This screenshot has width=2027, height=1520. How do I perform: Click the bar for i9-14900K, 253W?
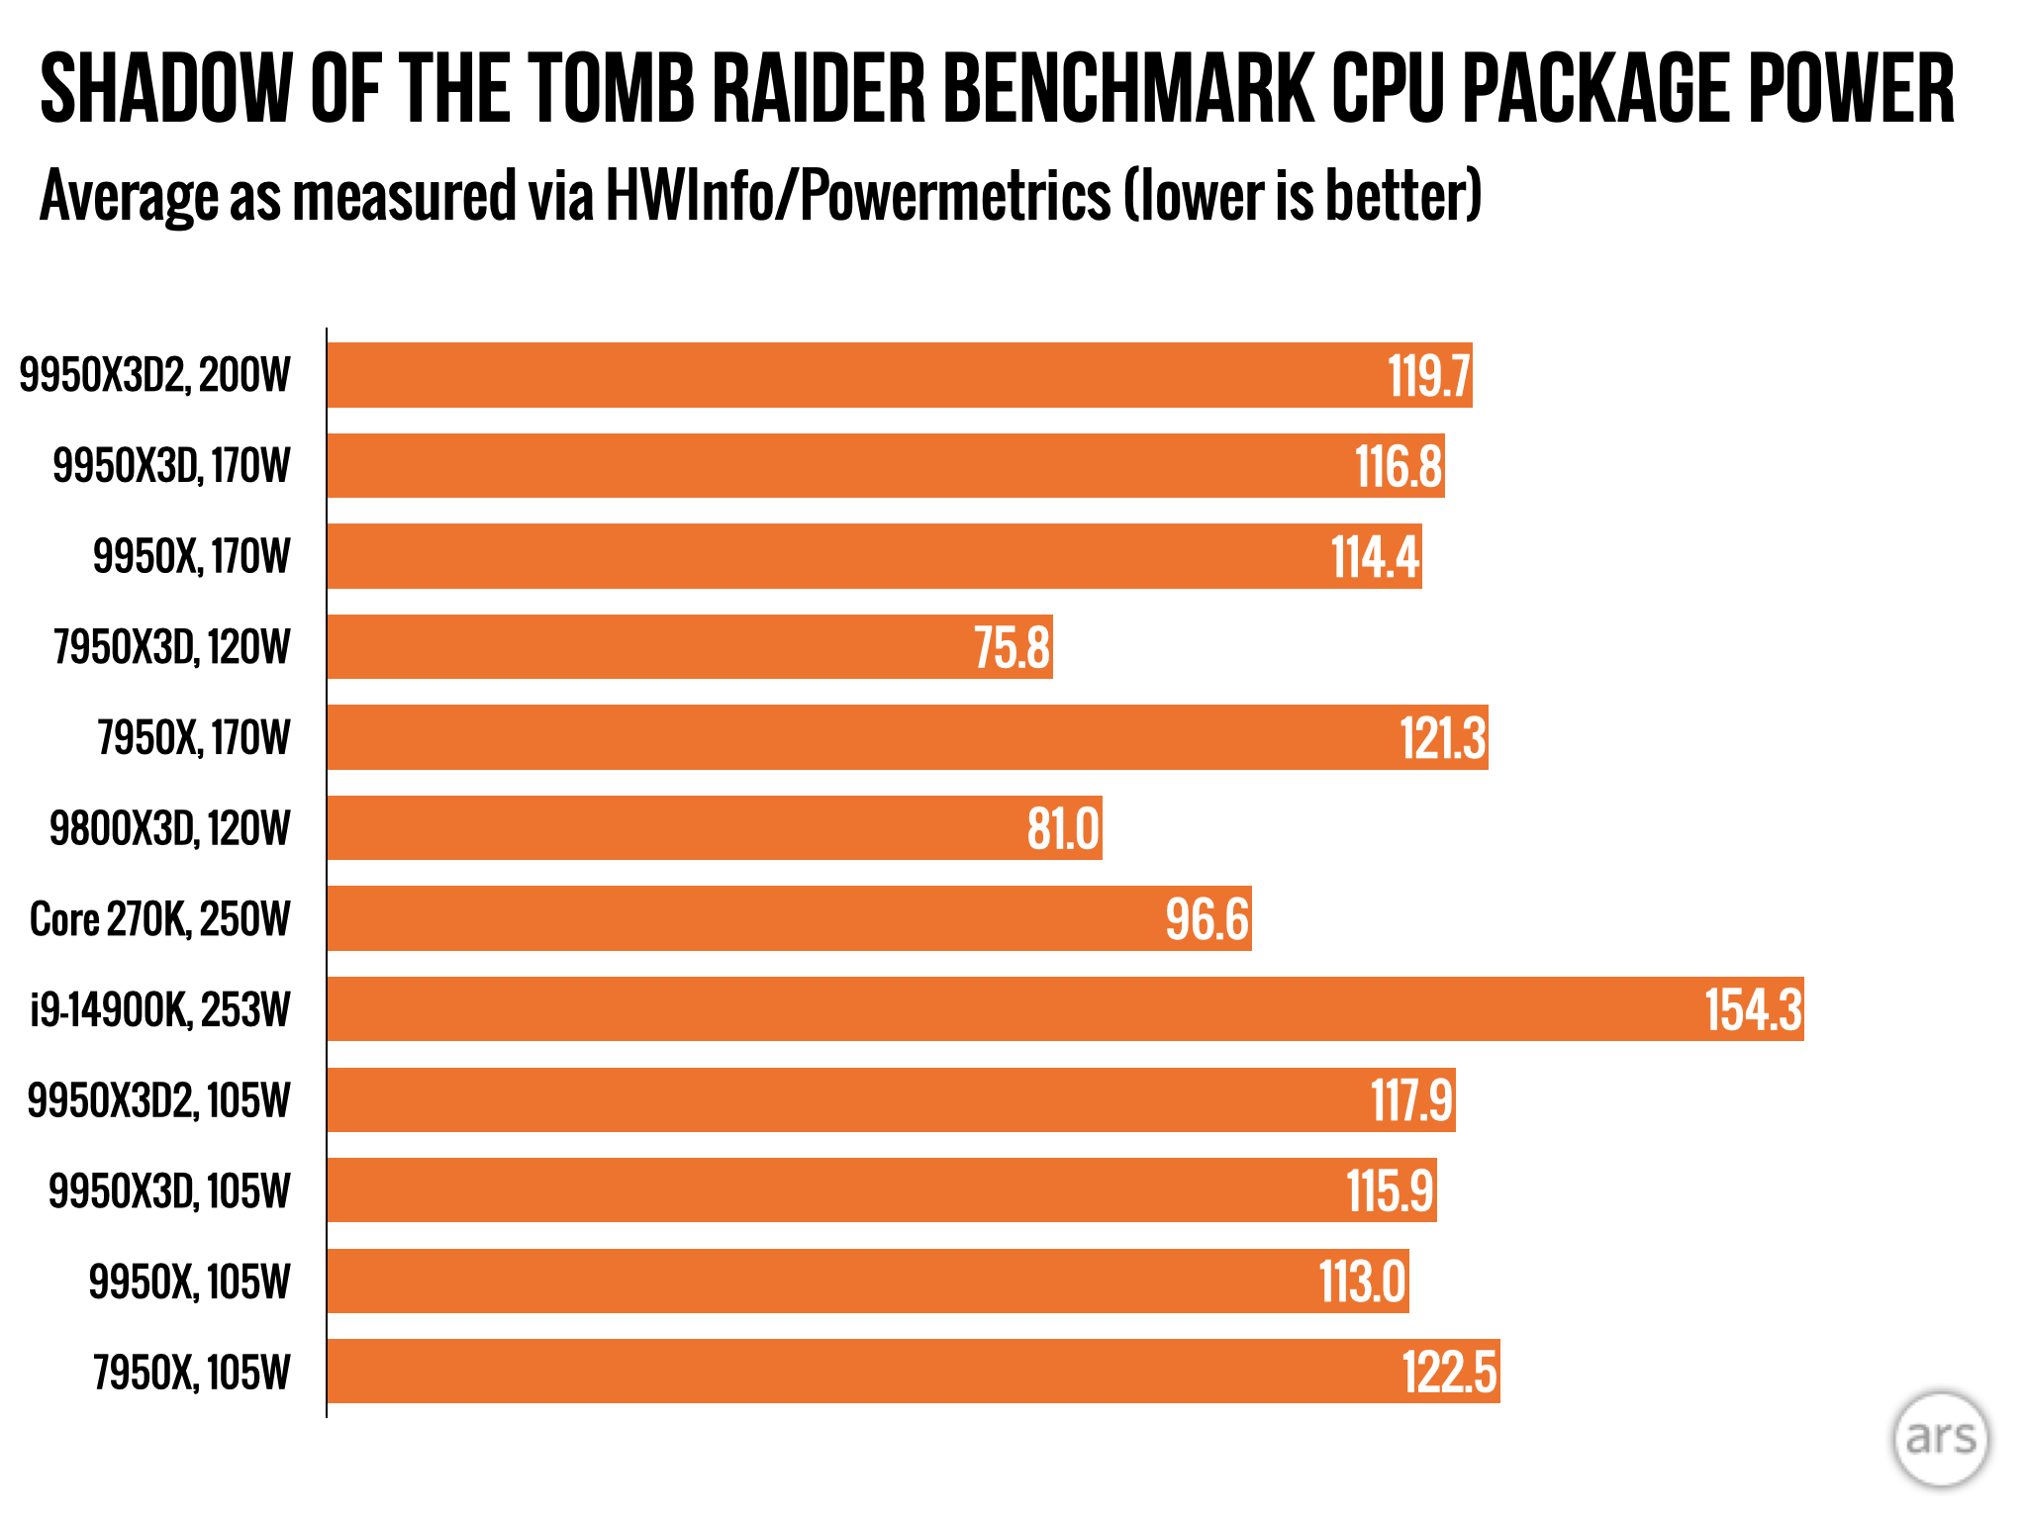pyautogui.click(x=1065, y=1009)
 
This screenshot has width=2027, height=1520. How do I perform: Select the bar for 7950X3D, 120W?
pyautogui.click(x=690, y=647)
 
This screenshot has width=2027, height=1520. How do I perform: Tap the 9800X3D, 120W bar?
pyautogui.click(x=715, y=828)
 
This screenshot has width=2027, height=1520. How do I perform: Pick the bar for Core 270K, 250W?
pyautogui.click(x=789, y=919)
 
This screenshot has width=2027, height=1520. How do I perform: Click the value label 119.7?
pyautogui.click(x=1428, y=376)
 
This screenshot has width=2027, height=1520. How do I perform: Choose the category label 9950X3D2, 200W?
pyautogui.click(x=155, y=376)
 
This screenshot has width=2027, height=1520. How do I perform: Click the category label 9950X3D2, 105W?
pyautogui.click(x=159, y=1100)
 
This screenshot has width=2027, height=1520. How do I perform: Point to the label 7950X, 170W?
pyautogui.click(x=194, y=738)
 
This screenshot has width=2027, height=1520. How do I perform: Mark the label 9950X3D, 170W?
pyautogui.click(x=172, y=466)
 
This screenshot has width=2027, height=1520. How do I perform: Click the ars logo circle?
pyautogui.click(x=1940, y=1439)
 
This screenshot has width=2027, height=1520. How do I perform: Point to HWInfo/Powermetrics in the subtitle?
pyautogui.click(x=857, y=196)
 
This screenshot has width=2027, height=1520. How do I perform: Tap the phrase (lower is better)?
pyautogui.click(x=1303, y=196)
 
